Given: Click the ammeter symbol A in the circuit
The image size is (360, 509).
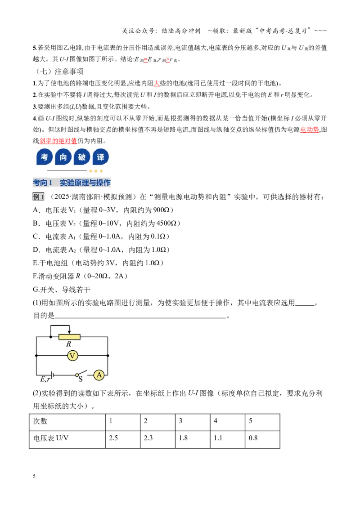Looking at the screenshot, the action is pyautogui.click(x=99, y=375).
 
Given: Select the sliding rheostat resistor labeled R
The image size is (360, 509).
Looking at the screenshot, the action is pyautogui.click(x=69, y=337).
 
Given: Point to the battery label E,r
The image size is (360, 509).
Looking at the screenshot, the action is pyautogui.click(x=45, y=379).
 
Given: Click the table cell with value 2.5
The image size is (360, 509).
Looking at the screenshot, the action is pyautogui.click(x=123, y=440).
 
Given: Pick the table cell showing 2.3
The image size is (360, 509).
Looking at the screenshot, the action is pyautogui.click(x=157, y=440).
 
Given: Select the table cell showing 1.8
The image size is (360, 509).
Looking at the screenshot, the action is pyautogui.click(x=192, y=440).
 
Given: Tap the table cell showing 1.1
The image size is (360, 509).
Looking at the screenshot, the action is pyautogui.click(x=227, y=440).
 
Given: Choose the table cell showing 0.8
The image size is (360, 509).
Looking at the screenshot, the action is pyautogui.click(x=262, y=440).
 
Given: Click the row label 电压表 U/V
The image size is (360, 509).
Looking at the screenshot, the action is pyautogui.click(x=51, y=438).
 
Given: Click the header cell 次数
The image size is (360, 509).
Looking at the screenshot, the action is pyautogui.click(x=40, y=421).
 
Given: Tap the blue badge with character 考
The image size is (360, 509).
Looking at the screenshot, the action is pyautogui.click(x=45, y=157).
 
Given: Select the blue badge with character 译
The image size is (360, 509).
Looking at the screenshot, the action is pyautogui.click(x=100, y=157).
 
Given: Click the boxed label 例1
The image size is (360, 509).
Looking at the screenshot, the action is pyautogui.click(x=38, y=196).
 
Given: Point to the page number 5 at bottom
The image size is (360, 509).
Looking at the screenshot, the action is pyautogui.click(x=34, y=476).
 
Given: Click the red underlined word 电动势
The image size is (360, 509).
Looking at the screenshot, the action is pyautogui.click(x=309, y=129).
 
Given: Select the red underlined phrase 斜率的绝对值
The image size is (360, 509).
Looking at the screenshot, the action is pyautogui.click(x=58, y=141).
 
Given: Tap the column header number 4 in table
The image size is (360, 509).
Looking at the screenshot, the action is pyautogui.click(x=216, y=421).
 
